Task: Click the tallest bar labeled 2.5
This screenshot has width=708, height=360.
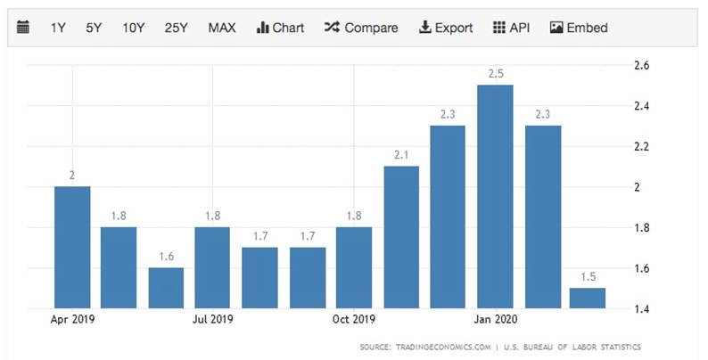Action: pos(495,196)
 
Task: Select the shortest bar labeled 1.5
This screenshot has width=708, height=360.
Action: pos(588,298)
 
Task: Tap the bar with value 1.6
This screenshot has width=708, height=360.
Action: pos(166,287)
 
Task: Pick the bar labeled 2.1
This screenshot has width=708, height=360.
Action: pos(401,236)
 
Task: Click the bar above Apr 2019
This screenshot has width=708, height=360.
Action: pos(72,247)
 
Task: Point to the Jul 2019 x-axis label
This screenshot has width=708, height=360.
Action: pos(212,318)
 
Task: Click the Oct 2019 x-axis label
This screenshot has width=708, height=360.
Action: pos(353,318)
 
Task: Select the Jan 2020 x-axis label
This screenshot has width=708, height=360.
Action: pos(494,318)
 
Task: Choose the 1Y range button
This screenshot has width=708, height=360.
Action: pos(58,28)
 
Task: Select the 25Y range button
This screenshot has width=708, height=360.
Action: pos(176,28)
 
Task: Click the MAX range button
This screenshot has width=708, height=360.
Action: pos(222,28)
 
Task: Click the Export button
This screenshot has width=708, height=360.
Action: pos(445,28)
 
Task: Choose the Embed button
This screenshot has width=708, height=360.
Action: pos(579,28)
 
